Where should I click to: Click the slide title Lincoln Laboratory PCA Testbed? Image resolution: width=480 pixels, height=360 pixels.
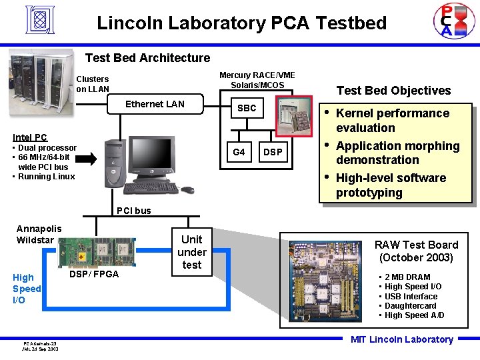tap(241, 23)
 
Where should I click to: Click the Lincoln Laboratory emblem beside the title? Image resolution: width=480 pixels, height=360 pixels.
tap(39, 21)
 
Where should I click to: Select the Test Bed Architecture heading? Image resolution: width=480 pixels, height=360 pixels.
tap(147, 58)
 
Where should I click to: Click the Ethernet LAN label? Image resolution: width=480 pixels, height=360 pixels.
tap(155, 104)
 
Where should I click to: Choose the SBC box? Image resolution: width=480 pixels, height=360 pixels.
tap(247, 108)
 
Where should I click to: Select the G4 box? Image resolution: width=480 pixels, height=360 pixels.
tap(239, 152)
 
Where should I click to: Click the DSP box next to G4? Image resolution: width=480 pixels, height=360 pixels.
tap(272, 152)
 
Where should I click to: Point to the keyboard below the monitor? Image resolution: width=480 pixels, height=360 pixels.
tap(151, 188)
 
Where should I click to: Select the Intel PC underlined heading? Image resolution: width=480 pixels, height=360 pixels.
tap(30, 137)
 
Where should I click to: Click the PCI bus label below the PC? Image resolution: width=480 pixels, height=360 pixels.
tap(133, 211)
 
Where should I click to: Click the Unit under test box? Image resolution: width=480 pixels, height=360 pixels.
tap(191, 252)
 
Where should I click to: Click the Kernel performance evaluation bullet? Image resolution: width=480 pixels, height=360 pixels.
tap(392, 121)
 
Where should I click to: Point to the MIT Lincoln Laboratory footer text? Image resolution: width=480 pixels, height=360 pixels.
tap(401, 339)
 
